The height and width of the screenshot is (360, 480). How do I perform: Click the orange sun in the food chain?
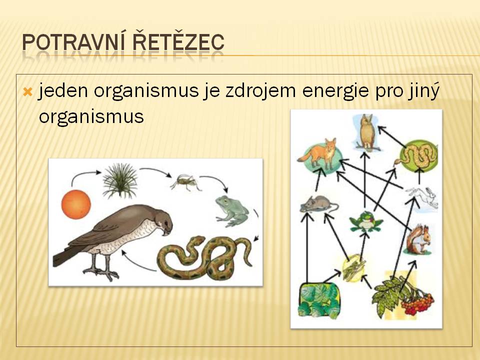76,204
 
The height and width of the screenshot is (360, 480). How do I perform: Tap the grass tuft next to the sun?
120,180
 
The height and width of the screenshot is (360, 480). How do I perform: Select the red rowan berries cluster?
417,302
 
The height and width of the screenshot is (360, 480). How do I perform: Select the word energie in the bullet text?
335,91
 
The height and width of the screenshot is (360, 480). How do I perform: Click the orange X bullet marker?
27,91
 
